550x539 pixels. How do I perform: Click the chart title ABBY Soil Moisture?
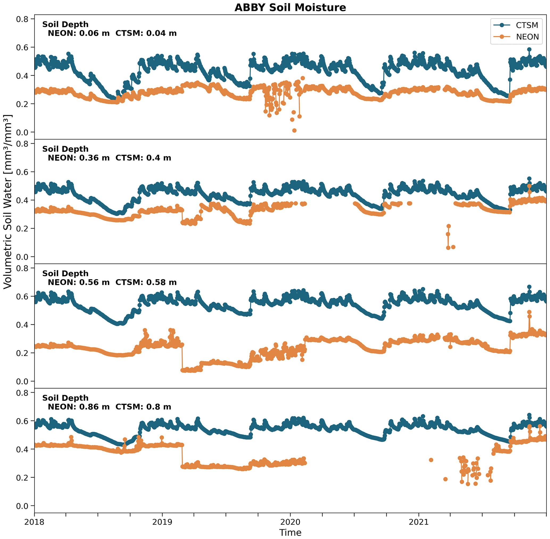tap(290, 8)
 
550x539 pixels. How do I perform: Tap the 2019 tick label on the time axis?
tap(162, 522)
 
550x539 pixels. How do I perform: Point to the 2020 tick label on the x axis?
tap(290, 522)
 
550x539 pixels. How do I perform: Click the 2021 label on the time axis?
tap(419, 522)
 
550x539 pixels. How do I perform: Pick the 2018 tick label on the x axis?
tap(34, 522)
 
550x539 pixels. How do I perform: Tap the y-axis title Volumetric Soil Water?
tap(8, 201)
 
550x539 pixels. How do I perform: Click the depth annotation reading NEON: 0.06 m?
tap(78, 33)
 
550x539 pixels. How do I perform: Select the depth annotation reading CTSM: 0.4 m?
tap(143, 158)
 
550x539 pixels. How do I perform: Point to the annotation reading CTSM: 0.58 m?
tap(146, 283)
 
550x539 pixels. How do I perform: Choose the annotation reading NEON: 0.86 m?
tap(78, 407)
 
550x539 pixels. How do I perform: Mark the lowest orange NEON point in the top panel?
tap(294, 130)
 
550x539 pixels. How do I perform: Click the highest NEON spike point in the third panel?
tap(529, 312)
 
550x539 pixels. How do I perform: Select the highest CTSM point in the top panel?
tap(529, 49)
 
